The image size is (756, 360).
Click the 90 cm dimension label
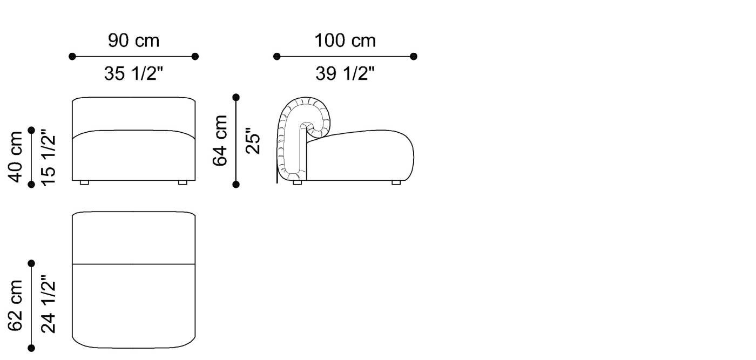click(134, 40)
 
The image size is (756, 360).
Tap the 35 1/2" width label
click(133, 73)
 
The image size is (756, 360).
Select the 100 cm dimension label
click(345, 40)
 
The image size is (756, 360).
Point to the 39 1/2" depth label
click(345, 73)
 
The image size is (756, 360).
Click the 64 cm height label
click(221, 140)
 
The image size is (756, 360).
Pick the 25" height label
click(253, 141)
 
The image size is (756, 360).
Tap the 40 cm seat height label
click(16, 157)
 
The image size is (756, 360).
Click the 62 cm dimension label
click(16, 305)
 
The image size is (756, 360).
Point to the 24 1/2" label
click(48, 305)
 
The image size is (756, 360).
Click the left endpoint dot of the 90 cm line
click(72, 56)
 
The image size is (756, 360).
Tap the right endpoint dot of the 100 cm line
click(414, 56)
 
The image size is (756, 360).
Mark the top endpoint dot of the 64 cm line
click(235, 97)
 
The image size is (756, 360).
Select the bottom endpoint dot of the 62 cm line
click(31, 348)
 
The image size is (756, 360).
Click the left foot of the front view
click(84, 182)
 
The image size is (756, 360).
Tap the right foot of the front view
click(183, 182)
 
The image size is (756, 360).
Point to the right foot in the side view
click(396, 182)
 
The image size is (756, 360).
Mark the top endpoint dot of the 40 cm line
click(31, 130)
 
